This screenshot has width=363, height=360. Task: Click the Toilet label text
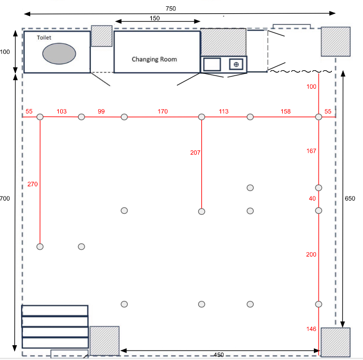44,37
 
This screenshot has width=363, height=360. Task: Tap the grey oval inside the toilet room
59,54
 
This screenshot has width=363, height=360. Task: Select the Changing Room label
154,60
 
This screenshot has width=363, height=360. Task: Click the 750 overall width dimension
171,8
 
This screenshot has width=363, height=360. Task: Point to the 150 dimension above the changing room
155,18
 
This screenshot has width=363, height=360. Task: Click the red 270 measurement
32,184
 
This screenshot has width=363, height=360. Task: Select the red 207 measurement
195,153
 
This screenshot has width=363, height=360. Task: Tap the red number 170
163,111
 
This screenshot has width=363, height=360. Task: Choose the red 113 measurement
224,111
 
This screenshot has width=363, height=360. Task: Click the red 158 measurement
285,111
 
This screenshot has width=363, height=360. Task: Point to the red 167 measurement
311,151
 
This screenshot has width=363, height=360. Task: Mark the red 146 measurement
311,329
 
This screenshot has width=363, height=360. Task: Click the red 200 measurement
311,254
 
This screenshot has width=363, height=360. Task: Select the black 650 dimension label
350,198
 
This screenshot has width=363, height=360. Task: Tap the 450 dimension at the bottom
219,355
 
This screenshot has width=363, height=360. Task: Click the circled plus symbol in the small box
236,64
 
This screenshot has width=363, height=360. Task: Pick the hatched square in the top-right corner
336,42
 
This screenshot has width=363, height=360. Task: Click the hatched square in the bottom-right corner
336,342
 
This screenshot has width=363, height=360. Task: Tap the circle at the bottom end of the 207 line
202,212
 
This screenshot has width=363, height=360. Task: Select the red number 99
101,111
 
